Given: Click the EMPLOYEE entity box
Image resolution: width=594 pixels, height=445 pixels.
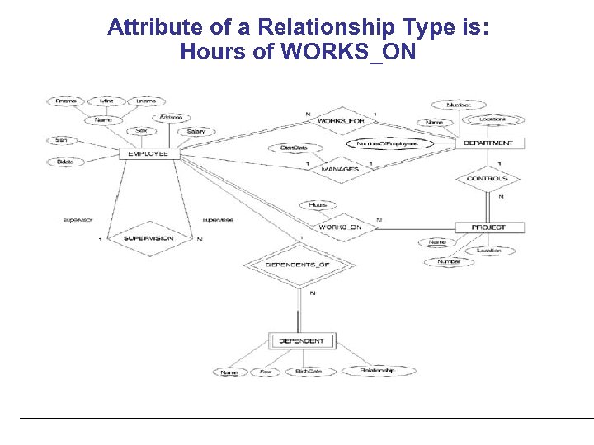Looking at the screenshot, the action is point(148,153).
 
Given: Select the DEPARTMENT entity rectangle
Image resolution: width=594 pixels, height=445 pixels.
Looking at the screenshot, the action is point(488,143).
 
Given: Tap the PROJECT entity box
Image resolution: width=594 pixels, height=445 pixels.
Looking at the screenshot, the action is point(488,227).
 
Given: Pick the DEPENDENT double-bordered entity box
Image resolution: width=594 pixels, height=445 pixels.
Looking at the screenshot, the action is point(302,340).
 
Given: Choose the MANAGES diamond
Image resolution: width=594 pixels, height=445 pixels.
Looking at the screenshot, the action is point(340,169).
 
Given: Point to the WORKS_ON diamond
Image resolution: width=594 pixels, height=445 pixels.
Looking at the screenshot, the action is point(340,227).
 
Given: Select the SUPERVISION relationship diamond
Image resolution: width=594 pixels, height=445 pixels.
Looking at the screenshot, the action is point(148,237).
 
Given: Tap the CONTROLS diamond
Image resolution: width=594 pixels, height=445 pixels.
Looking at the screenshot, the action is point(487,178).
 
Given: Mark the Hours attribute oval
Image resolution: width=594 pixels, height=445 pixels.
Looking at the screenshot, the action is point(318,204).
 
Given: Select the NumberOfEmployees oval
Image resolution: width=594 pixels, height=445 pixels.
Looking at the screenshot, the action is point(387,143).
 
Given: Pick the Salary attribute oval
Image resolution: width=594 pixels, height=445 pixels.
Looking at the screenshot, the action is point(196,131).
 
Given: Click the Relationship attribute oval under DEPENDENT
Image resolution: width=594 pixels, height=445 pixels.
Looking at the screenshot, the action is point(377,371).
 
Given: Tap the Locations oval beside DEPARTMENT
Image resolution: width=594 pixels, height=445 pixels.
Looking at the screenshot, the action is point(490,119).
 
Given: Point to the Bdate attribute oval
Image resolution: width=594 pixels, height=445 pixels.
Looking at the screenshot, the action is point(65,162).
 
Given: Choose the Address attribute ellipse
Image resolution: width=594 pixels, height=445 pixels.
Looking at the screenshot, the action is point(172,118).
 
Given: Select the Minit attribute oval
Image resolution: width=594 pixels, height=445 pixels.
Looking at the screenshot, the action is point(106,101).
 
